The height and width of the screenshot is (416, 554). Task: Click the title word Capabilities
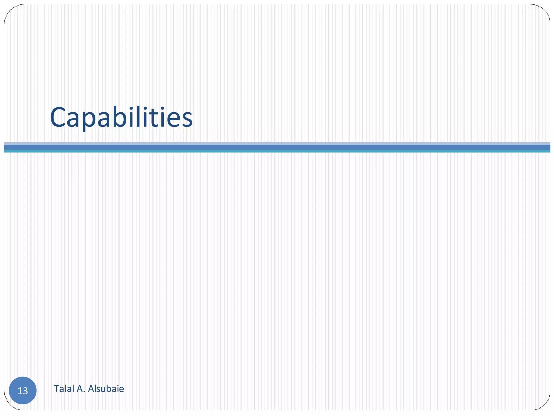(121, 118)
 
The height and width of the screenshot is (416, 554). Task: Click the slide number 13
(23, 391)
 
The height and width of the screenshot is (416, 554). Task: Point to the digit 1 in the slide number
(20, 391)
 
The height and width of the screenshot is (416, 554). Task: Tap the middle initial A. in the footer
(81, 389)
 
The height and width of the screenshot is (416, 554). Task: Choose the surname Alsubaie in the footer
(106, 389)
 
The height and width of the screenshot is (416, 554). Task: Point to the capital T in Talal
(56, 389)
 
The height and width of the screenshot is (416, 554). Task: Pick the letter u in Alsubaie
(103, 389)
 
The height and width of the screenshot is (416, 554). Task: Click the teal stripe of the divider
(277, 151)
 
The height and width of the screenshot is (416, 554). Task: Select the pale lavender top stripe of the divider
(277, 143)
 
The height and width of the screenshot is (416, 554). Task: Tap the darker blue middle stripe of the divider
(277, 147)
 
